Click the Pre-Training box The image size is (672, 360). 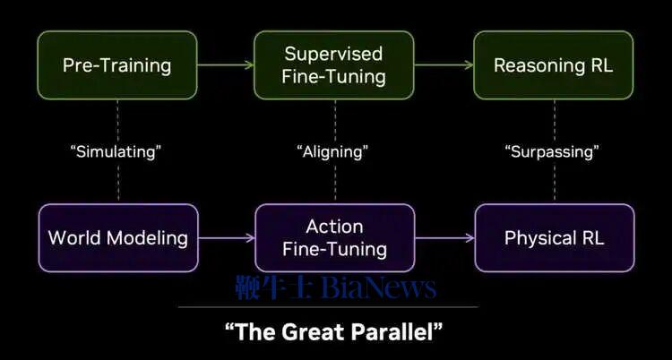(x=117, y=65)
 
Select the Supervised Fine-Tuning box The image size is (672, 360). (x=334, y=65)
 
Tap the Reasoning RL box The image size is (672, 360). (x=554, y=65)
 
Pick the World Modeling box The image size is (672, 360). (x=118, y=238)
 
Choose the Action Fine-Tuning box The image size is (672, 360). (x=335, y=238)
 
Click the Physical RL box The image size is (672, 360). (x=555, y=238)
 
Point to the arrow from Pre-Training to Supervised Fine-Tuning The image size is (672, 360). (x=226, y=65)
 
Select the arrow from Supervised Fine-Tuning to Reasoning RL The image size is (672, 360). (x=444, y=65)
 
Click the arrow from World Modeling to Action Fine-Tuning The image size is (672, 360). (x=227, y=238)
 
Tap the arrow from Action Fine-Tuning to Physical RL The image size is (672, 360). (x=444, y=238)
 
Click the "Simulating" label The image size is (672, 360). (x=116, y=151)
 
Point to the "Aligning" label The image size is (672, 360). (x=332, y=151)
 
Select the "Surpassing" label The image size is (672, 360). (x=553, y=151)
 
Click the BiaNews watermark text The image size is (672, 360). (x=379, y=287)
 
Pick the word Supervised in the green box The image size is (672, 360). (x=333, y=55)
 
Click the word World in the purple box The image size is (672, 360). (x=75, y=238)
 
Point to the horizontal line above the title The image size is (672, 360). (x=328, y=307)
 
